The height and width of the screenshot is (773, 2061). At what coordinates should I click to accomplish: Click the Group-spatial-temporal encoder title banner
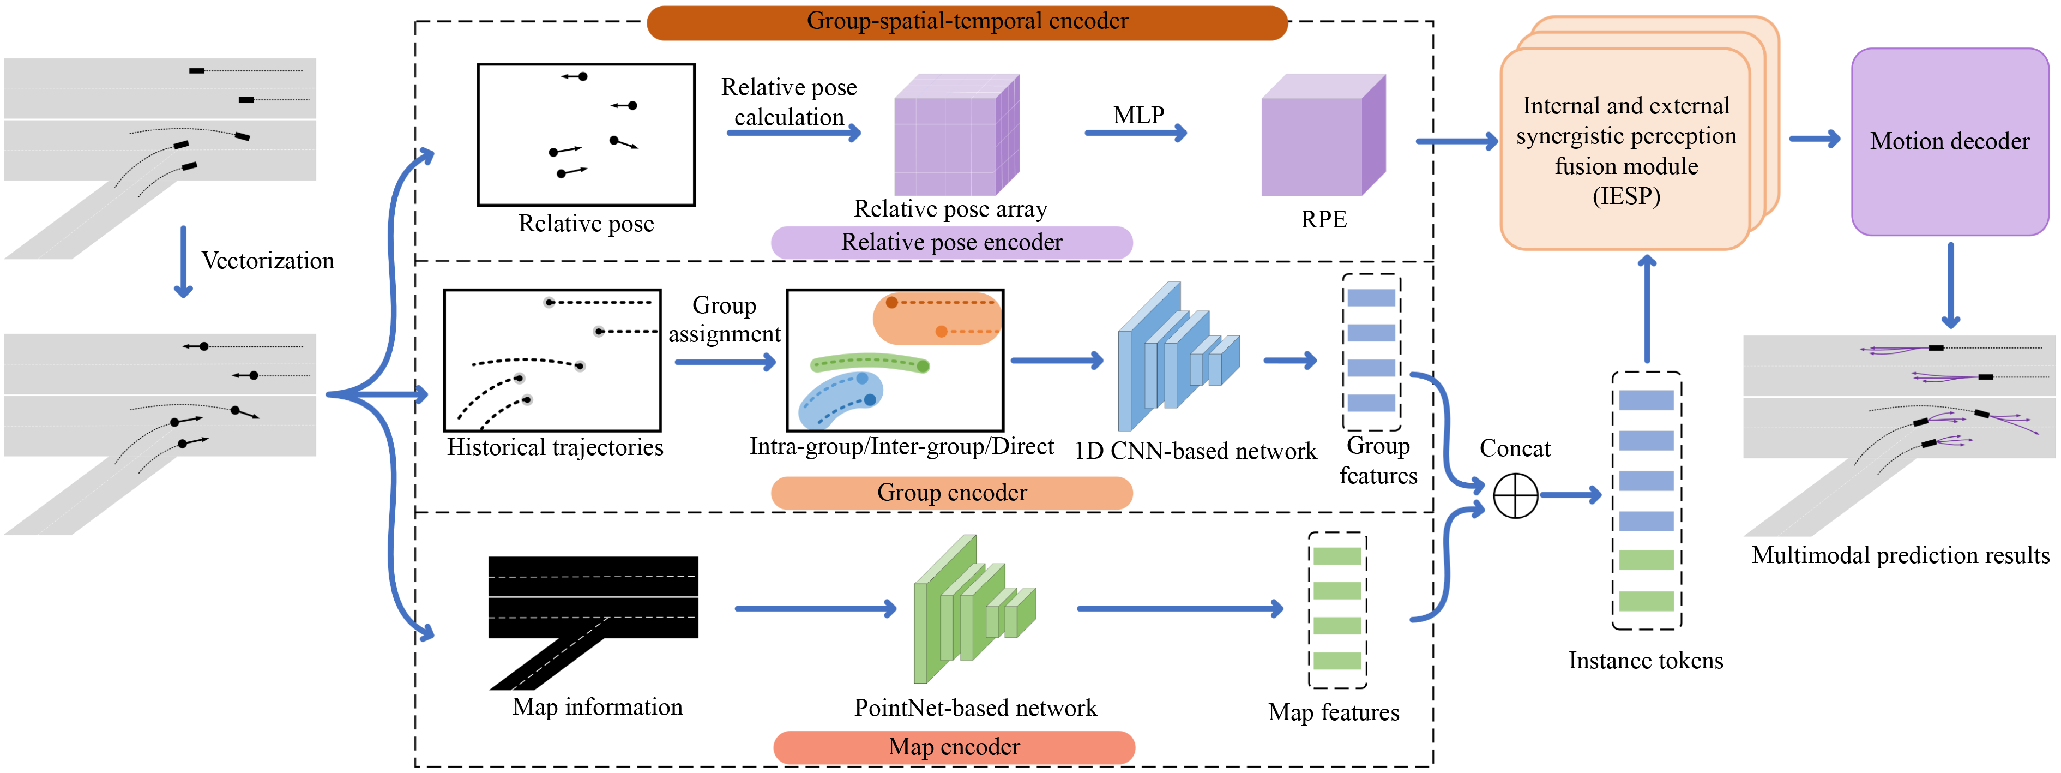(967, 22)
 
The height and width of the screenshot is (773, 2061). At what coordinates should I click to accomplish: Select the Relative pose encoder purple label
(951, 242)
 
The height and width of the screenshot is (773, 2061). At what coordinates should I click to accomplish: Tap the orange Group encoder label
(951, 492)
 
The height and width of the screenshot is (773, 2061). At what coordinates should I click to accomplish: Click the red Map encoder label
(954, 747)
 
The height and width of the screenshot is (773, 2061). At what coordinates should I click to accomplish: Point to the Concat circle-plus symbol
(1515, 495)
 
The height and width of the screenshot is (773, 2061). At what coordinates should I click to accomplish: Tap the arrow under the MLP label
(1136, 133)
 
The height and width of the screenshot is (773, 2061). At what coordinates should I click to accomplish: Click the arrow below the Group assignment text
(725, 362)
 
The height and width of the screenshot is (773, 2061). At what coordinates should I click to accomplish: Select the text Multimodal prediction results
(1900, 555)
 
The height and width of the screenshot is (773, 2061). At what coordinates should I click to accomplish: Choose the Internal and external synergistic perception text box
(1625, 149)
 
